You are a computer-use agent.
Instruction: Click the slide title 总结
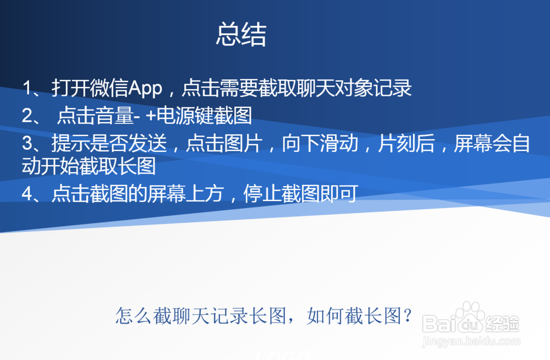[x=241, y=35]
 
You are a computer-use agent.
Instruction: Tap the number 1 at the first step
[x=28, y=88]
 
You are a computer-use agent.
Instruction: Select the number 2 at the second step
[x=28, y=116]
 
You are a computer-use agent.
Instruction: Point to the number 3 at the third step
[x=28, y=144]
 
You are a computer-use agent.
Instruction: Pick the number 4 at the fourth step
[x=28, y=194]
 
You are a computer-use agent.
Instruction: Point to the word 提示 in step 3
[x=70, y=144]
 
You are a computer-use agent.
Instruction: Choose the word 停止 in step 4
[x=262, y=194]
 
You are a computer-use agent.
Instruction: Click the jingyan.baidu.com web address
[x=471, y=342]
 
